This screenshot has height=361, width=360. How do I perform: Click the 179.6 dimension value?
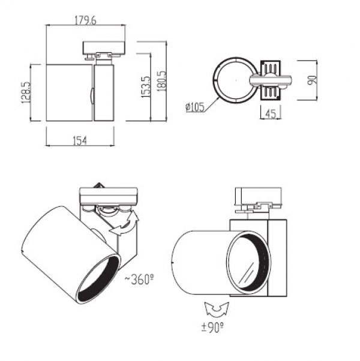click(x=85, y=20)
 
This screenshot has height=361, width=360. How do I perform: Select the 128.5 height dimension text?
click(x=26, y=92)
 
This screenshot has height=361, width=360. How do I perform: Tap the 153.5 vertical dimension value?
click(x=146, y=87)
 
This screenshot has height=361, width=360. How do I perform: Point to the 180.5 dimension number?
click(x=161, y=81)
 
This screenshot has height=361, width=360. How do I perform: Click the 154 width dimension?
click(x=80, y=140)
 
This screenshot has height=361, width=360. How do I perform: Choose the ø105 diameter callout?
click(x=195, y=107)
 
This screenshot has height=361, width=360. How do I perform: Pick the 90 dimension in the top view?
click(x=312, y=80)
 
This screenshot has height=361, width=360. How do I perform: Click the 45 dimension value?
click(x=271, y=113)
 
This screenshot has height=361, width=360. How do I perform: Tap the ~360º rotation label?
click(x=139, y=279)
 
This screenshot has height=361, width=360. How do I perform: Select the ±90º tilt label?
click(x=212, y=327)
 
